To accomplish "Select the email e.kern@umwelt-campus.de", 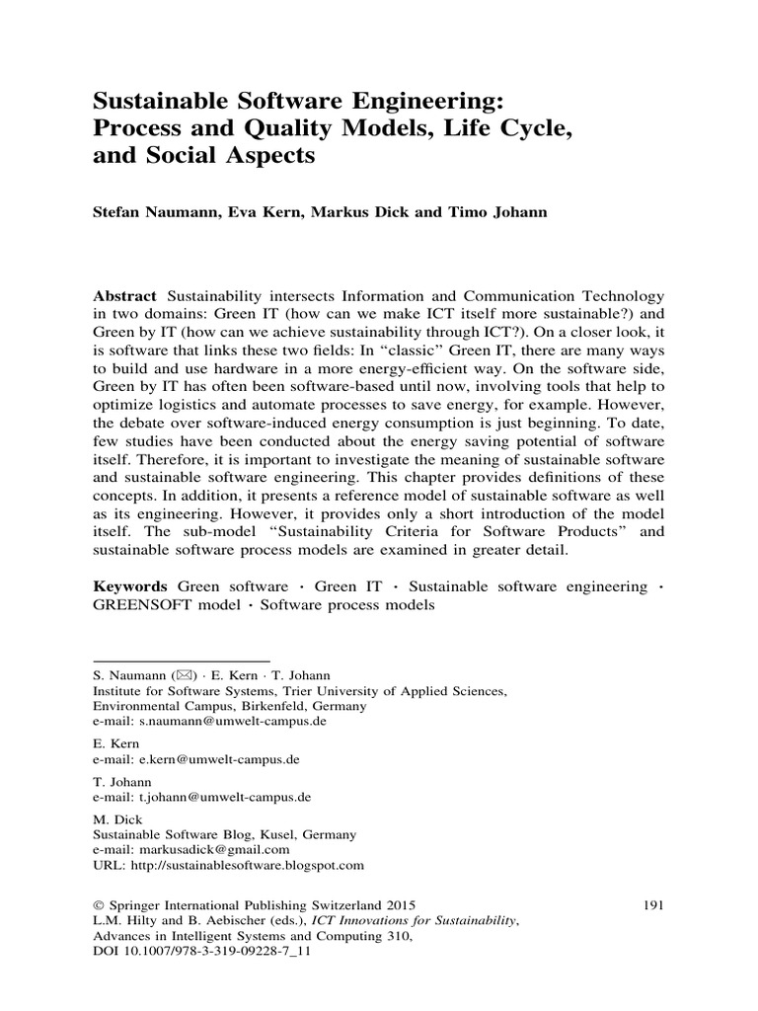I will tap(216, 759).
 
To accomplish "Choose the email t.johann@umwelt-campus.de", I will tap(219, 797).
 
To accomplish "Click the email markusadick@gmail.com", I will tap(211, 849).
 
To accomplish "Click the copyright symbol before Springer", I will tap(98, 904).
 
